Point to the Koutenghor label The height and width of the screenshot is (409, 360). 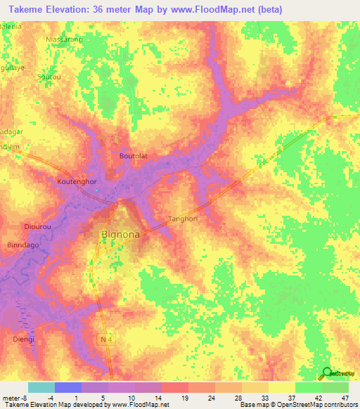(x=76, y=181)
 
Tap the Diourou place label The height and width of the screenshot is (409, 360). (x=35, y=227)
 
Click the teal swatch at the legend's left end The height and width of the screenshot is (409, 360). (x=41, y=387)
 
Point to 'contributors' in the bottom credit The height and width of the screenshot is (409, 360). (x=338, y=405)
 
